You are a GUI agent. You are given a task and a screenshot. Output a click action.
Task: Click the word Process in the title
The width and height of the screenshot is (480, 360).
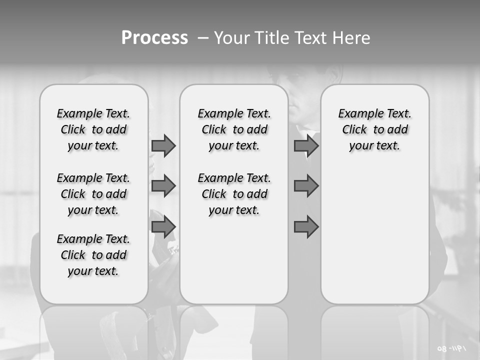tap(154, 38)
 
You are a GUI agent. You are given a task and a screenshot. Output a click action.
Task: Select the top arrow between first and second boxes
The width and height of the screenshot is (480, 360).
tap(163, 145)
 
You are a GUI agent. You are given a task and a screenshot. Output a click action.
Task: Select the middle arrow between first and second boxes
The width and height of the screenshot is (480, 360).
tap(163, 186)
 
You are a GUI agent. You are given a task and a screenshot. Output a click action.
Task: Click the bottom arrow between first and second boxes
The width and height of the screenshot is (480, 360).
tap(163, 227)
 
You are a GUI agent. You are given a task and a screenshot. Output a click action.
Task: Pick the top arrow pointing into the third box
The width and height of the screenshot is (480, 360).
tap(306, 145)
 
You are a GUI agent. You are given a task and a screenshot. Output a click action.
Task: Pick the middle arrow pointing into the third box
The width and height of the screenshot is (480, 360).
tap(306, 186)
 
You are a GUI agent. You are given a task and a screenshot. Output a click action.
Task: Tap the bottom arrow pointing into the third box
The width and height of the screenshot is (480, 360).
tap(306, 227)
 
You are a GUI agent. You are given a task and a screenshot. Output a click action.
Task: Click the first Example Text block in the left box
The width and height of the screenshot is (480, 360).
tap(93, 129)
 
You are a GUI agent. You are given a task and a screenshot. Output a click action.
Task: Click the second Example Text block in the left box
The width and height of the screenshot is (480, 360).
tap(93, 194)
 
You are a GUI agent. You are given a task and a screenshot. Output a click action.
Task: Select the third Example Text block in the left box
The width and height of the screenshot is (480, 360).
tap(93, 255)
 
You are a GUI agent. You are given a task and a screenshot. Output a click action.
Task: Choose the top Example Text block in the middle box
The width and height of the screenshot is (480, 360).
tap(234, 129)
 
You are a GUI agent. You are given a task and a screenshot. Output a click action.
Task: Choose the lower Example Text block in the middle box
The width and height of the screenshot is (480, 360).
tap(234, 194)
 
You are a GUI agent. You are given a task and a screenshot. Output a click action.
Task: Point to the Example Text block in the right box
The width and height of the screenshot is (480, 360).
tap(374, 129)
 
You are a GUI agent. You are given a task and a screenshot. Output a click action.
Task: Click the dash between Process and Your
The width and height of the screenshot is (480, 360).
tap(203, 38)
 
